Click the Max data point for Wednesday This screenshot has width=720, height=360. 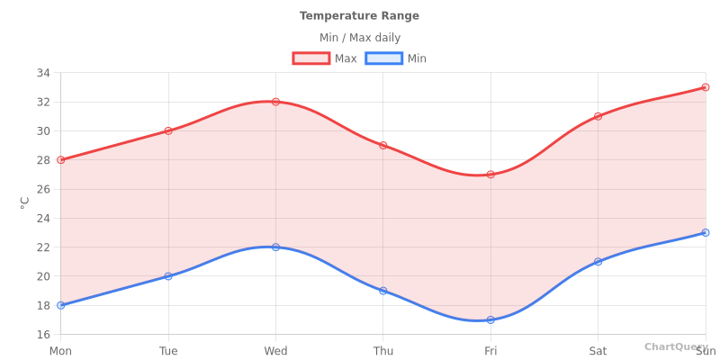pyautogui.click(x=275, y=102)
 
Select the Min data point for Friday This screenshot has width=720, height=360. pyautogui.click(x=490, y=319)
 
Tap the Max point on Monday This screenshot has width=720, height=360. pyautogui.click(x=61, y=160)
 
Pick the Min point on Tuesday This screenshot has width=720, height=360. pyautogui.click(x=168, y=276)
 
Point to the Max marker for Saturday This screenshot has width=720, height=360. pyautogui.click(x=598, y=116)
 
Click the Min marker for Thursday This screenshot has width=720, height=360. pyautogui.click(x=382, y=291)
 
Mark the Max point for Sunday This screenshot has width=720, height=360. pyautogui.click(x=705, y=87)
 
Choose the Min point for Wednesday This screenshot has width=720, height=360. pyautogui.click(x=275, y=247)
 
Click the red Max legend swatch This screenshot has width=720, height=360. pyautogui.click(x=310, y=58)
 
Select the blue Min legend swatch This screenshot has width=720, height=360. pyautogui.click(x=383, y=58)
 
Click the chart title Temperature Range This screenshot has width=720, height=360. pyautogui.click(x=359, y=16)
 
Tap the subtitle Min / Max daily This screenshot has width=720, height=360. pyautogui.click(x=360, y=38)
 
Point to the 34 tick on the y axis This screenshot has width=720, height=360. pyautogui.click(x=43, y=73)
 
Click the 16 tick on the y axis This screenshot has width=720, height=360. pyautogui.click(x=43, y=334)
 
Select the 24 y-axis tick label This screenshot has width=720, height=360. pyautogui.click(x=43, y=218)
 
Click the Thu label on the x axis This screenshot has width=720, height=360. pyautogui.click(x=382, y=350)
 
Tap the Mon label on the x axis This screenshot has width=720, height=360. pyautogui.click(x=61, y=350)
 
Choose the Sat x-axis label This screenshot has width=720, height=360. pyautogui.click(x=598, y=350)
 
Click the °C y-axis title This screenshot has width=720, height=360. pyautogui.click(x=25, y=202)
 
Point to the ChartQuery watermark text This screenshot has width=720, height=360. pyautogui.click(x=675, y=346)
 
